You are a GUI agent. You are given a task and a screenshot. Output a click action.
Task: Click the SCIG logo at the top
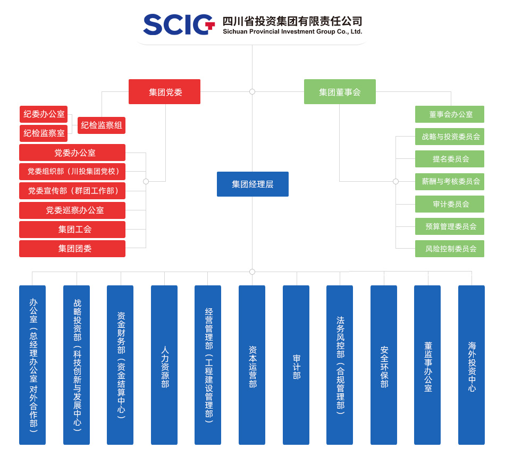[x=178, y=24]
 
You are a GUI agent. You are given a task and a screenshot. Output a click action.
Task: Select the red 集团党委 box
[x=164, y=92]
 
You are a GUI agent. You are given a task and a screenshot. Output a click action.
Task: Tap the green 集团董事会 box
[x=340, y=92]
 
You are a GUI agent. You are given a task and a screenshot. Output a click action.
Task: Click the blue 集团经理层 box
[x=252, y=184]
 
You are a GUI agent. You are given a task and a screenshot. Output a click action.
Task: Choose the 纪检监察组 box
[x=102, y=125]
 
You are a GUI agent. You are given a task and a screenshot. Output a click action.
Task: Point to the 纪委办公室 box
[x=44, y=114]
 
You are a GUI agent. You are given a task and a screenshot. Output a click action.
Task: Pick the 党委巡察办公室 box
[x=72, y=210]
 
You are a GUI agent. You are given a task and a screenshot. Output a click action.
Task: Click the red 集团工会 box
[x=72, y=230]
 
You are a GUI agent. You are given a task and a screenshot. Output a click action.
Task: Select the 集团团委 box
[x=72, y=249]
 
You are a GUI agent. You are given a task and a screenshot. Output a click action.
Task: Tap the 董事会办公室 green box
[x=450, y=114]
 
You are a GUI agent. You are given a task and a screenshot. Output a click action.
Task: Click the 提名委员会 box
[x=450, y=159]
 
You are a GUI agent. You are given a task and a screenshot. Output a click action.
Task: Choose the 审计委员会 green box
[x=450, y=204]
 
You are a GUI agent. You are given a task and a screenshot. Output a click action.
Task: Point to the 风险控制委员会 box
[x=450, y=249]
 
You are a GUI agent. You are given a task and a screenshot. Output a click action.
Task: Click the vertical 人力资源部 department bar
[x=164, y=365]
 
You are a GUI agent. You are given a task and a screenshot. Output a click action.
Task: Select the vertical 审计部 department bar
[x=296, y=365]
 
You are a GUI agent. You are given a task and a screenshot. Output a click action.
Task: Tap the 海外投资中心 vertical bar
[x=472, y=365]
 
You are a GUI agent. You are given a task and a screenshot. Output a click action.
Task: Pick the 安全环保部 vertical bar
[x=384, y=365]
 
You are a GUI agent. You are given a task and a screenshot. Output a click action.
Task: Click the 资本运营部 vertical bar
[x=252, y=365]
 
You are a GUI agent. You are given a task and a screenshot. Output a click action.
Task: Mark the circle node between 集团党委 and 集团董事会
[x=252, y=92]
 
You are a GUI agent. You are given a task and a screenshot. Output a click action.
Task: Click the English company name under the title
[x=292, y=32]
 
